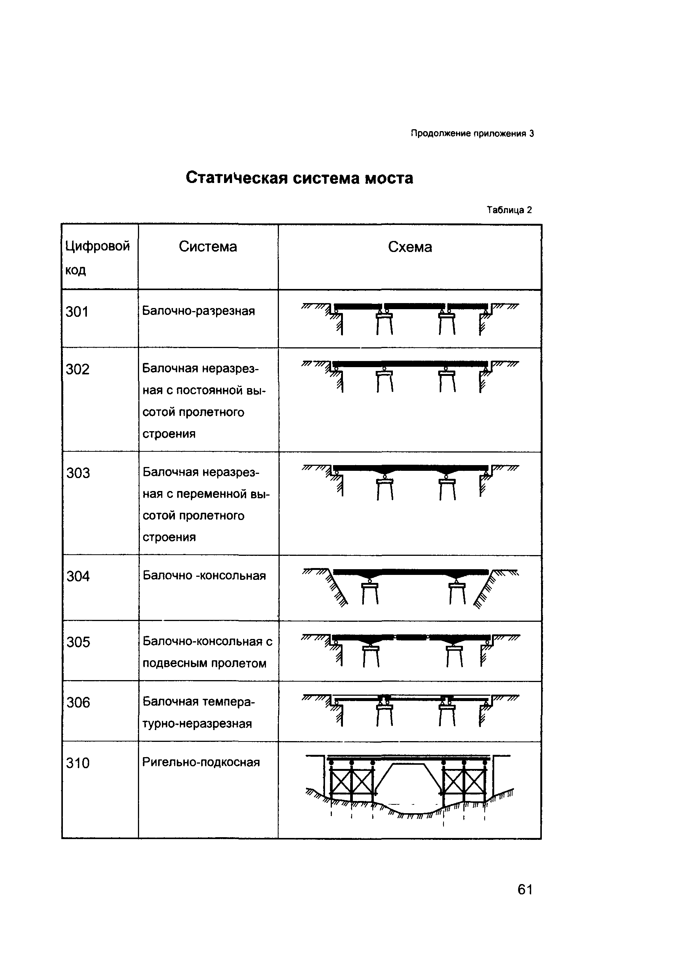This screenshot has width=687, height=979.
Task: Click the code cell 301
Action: tap(77, 312)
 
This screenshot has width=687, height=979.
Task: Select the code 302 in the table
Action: tap(78, 369)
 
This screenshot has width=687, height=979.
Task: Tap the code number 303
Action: tap(78, 473)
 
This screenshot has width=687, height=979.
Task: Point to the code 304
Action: tap(78, 576)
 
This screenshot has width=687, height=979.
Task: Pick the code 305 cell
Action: tap(78, 642)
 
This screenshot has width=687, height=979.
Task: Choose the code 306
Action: tap(78, 702)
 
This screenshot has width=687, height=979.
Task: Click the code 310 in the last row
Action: tap(78, 763)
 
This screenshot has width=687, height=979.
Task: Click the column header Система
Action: tap(208, 246)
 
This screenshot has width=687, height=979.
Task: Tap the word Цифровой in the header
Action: tap(98, 246)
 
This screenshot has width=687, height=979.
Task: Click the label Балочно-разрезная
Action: tap(199, 311)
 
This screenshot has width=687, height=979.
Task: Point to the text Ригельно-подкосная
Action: tap(201, 762)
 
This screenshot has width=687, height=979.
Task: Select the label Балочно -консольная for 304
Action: tap(204, 576)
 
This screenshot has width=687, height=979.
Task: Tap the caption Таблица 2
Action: tap(510, 210)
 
